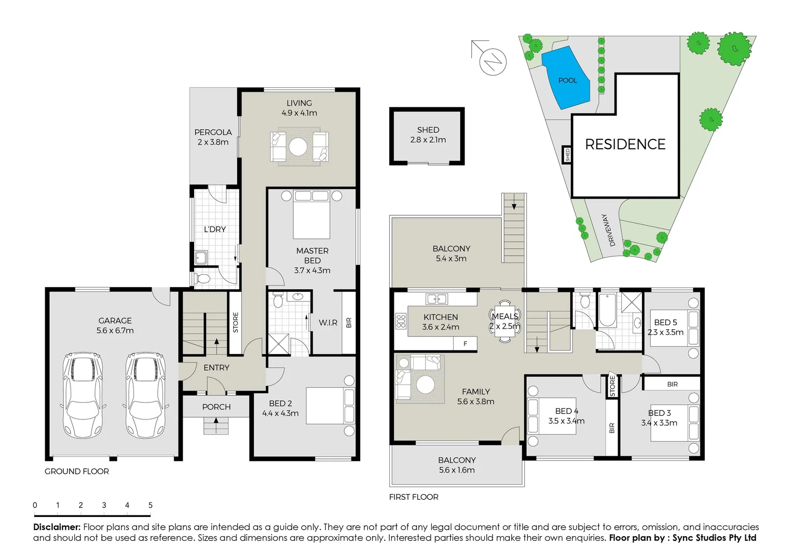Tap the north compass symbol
[x=492, y=62]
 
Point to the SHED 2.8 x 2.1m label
[x=428, y=135]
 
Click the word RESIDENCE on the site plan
[x=625, y=144]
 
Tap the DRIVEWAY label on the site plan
[x=608, y=230]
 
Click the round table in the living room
[x=298, y=147]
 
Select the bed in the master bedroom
[x=311, y=215]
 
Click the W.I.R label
[x=327, y=323]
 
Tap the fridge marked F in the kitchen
[x=465, y=343]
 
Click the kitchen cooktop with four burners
[x=401, y=321]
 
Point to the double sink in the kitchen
[x=436, y=299]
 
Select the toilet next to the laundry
[x=203, y=279]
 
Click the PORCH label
[x=216, y=407]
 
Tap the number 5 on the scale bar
[x=151, y=505]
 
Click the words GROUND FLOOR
[x=77, y=471]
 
